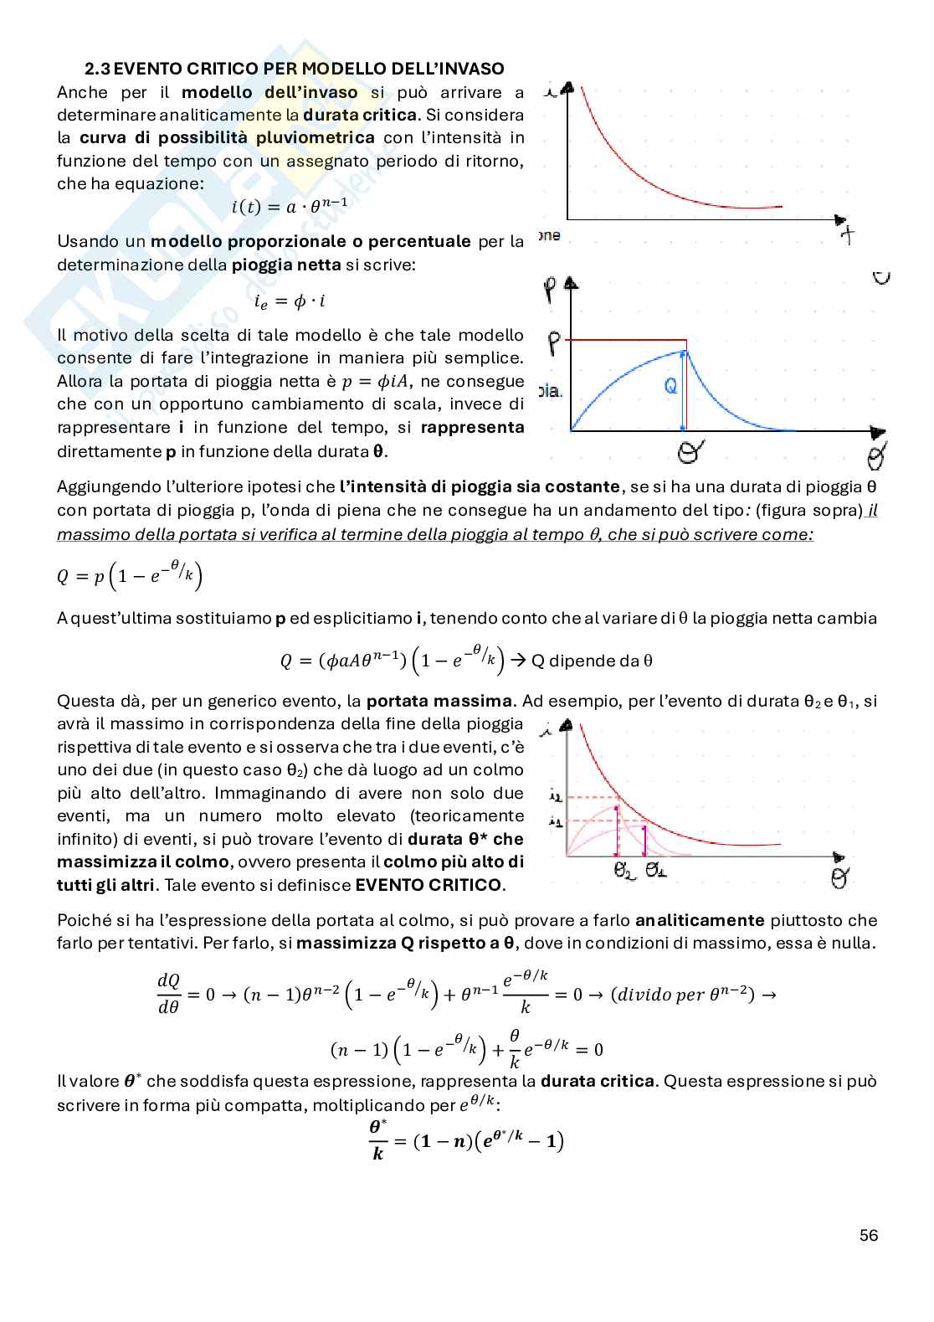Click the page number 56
tap(868, 1235)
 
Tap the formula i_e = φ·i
tap(290, 301)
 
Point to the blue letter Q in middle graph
tap(670, 386)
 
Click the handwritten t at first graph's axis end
tap(849, 236)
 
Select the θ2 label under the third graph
tap(624, 872)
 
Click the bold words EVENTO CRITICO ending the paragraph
tap(429, 885)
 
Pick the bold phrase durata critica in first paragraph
tap(359, 115)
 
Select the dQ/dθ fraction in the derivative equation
tap(168, 994)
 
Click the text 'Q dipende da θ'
tap(592, 661)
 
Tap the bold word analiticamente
tap(700, 920)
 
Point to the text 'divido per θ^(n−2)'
tap(682, 995)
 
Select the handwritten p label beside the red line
tap(553, 342)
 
